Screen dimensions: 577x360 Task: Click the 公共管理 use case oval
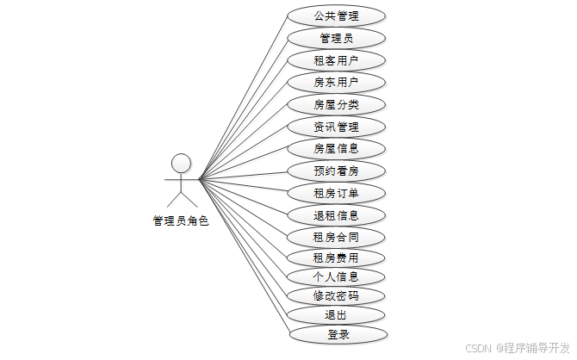(336, 16)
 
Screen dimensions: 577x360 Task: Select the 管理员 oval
(336, 38)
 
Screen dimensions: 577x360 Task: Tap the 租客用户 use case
(336, 60)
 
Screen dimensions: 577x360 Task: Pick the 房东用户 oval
(336, 83)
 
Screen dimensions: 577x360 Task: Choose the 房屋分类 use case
(336, 105)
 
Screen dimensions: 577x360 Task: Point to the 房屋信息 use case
(336, 148)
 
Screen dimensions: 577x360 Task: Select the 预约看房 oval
(336, 171)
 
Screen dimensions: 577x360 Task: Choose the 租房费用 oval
(336, 258)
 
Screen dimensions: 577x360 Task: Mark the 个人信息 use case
(336, 277)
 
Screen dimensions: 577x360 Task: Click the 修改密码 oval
(336, 296)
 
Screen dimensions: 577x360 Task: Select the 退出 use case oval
(336, 315)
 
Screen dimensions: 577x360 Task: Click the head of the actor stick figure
(181, 162)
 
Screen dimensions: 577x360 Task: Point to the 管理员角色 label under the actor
(181, 220)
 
